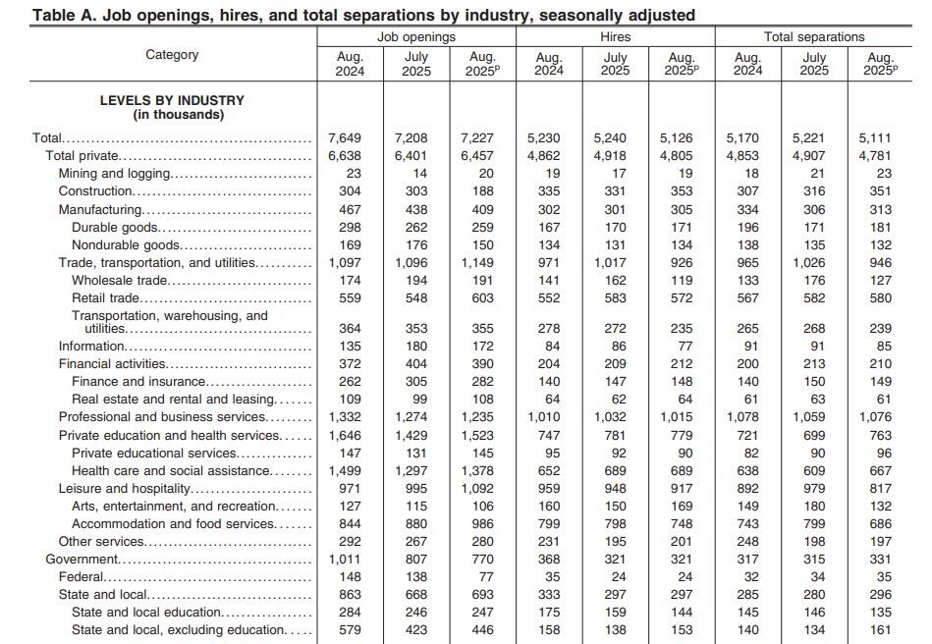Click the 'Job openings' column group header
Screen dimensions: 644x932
(416, 36)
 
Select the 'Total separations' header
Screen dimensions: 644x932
(814, 36)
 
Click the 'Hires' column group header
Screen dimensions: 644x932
(616, 36)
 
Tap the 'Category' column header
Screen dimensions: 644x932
(172, 55)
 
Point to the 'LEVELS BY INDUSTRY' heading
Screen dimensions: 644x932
(172, 100)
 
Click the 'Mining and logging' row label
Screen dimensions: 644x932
(115, 174)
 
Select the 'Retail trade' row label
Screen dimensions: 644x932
(106, 298)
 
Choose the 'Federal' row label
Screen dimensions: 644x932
(81, 577)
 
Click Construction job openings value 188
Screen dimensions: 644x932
(482, 191)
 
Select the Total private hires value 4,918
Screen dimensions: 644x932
(615, 156)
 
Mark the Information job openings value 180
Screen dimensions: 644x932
(416, 347)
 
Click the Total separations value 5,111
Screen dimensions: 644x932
(880, 138)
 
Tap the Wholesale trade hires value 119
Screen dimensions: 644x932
(681, 281)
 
